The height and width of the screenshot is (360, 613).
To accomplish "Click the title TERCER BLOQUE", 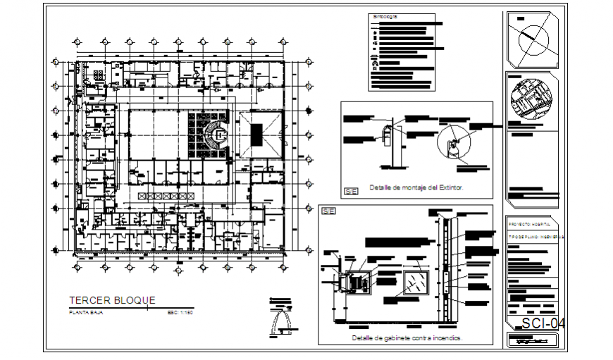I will coord(111,300).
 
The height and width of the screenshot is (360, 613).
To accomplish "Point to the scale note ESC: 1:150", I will coord(180,311).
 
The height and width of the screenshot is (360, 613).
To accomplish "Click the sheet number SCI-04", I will coord(543,323).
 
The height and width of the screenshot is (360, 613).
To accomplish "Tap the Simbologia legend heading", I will coord(385,15).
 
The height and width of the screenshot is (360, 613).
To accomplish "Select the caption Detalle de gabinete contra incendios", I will coord(407,338).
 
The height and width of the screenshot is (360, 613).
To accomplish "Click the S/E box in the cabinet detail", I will coord(328,211).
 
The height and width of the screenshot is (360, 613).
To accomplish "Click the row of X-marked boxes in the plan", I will coord(166,195).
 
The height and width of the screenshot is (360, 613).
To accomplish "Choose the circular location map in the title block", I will coord(532,100).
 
